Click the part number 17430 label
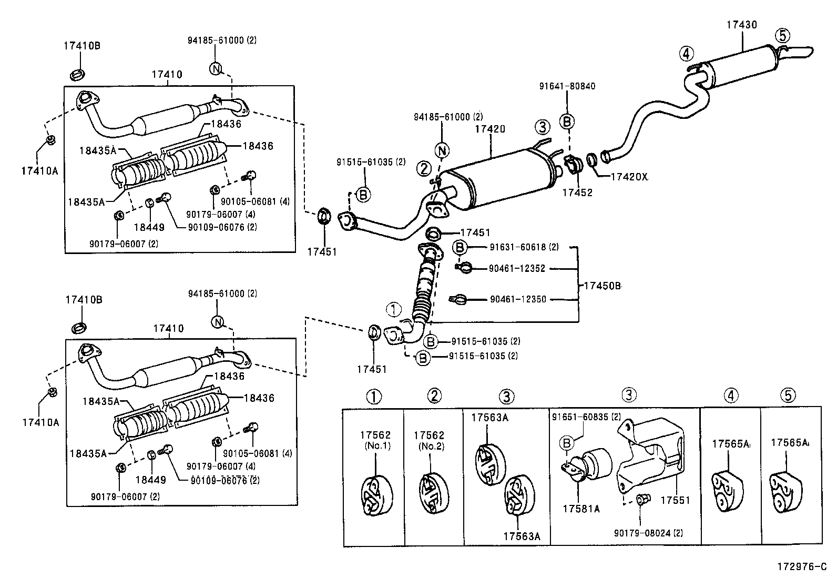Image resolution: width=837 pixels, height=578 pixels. pyautogui.click(x=742, y=25)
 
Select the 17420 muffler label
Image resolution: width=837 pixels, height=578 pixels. pyautogui.click(x=489, y=129)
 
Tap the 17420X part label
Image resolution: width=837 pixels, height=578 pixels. pyautogui.click(x=629, y=177)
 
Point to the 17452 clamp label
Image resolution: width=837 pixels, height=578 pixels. pyautogui.click(x=577, y=192)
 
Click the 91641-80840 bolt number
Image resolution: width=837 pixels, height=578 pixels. pyautogui.click(x=567, y=86)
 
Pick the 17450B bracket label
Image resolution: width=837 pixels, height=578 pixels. pyautogui.click(x=602, y=286)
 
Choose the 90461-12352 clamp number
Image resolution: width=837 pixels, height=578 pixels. pyautogui.click(x=517, y=269)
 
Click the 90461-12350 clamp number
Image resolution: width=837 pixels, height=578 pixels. pyautogui.click(x=518, y=299)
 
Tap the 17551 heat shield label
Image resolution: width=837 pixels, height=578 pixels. pyautogui.click(x=675, y=501)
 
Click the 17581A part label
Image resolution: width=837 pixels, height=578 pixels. pyautogui.click(x=581, y=509)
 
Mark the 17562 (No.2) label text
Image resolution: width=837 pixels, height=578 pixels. pyautogui.click(x=429, y=440)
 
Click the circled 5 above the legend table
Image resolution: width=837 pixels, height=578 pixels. pyautogui.click(x=788, y=396)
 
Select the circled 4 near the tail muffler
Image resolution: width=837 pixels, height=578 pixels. pyautogui.click(x=686, y=53)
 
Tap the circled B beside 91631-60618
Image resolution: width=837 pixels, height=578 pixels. pyautogui.click(x=460, y=247)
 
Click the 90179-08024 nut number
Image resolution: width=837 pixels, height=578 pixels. pyautogui.click(x=648, y=533)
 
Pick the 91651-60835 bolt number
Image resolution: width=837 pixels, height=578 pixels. pyautogui.click(x=586, y=417)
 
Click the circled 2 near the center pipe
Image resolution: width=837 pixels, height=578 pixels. pyautogui.click(x=424, y=169)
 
